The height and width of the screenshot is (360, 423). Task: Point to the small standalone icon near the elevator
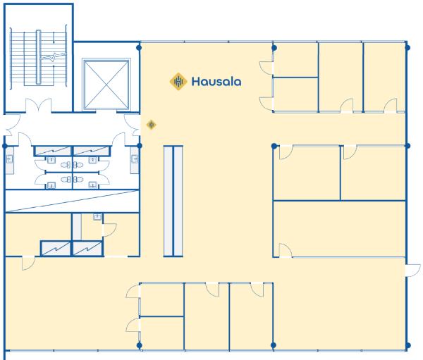pos(151,125)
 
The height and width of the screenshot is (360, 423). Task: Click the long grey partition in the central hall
pos(173,200)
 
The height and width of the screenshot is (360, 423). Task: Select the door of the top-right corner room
pos(390,106)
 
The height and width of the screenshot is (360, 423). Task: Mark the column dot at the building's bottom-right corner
pos(407,345)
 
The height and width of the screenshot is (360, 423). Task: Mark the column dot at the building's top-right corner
pos(407,48)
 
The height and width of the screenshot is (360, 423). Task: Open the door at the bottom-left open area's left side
pos(28,263)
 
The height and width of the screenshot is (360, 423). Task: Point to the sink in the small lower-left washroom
pos(97,218)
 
